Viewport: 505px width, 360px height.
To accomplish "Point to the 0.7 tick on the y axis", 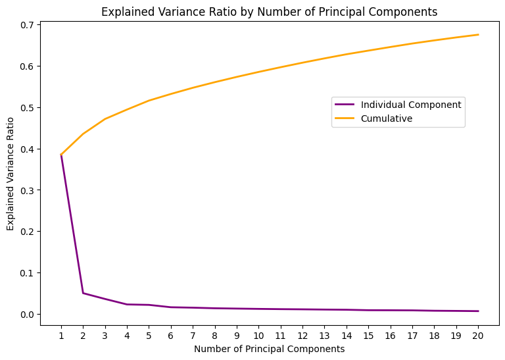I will click(x=28, y=25).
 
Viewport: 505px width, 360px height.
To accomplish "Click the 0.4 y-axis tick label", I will click(x=28, y=149).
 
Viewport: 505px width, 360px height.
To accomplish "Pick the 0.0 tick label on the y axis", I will click(x=28, y=315).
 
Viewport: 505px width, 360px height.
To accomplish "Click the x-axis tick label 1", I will click(x=61, y=335).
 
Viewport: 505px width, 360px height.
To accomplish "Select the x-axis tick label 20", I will click(x=478, y=335).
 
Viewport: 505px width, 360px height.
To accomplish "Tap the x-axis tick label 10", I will click(x=258, y=335).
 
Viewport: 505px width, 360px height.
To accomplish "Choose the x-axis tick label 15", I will click(x=368, y=335).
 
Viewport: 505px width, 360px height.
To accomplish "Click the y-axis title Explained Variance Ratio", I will click(x=11, y=174).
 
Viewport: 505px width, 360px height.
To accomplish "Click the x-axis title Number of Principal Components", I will click(x=270, y=349).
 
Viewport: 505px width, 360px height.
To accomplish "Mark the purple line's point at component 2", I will click(x=83, y=293).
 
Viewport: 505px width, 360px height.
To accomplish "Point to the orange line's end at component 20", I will click(x=478, y=35).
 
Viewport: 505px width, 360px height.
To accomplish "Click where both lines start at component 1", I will click(x=61, y=155).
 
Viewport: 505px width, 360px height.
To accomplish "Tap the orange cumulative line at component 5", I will click(x=149, y=101).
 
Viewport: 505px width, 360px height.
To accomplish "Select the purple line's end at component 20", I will click(x=478, y=311).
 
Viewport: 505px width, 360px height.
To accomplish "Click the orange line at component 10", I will click(x=258, y=71).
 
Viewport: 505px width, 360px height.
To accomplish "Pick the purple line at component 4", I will click(x=127, y=304).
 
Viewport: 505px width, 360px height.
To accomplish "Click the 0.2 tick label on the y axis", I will click(x=28, y=232).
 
